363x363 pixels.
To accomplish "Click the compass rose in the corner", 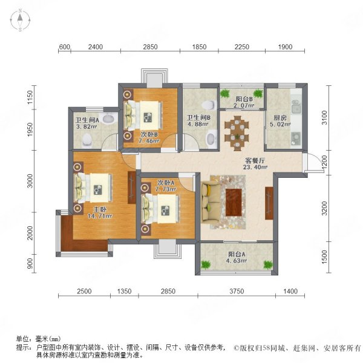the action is [20, 20].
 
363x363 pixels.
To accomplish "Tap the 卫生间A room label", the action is [87, 120].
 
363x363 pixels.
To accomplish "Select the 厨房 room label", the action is [280, 117].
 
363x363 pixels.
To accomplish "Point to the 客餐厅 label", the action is [255, 160].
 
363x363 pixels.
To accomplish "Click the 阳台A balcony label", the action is [237, 254].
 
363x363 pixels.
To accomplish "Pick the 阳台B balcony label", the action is [244, 99].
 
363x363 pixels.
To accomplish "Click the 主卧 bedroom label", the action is [100, 209].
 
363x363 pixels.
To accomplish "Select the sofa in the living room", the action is [211, 203].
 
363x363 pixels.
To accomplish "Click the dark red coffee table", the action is [234, 202].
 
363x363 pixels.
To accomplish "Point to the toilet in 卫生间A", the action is [87, 140].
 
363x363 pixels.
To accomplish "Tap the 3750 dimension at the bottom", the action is [237, 291].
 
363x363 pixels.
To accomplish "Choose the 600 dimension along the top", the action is [64, 47].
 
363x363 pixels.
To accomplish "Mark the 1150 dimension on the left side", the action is [30, 97].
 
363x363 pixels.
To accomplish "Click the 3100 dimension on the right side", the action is [325, 117].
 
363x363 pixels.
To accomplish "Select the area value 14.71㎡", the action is [100, 216].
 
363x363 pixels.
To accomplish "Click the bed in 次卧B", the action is [143, 115].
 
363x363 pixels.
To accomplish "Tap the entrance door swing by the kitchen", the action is [315, 163].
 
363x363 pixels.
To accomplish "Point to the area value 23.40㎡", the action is [255, 167].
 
